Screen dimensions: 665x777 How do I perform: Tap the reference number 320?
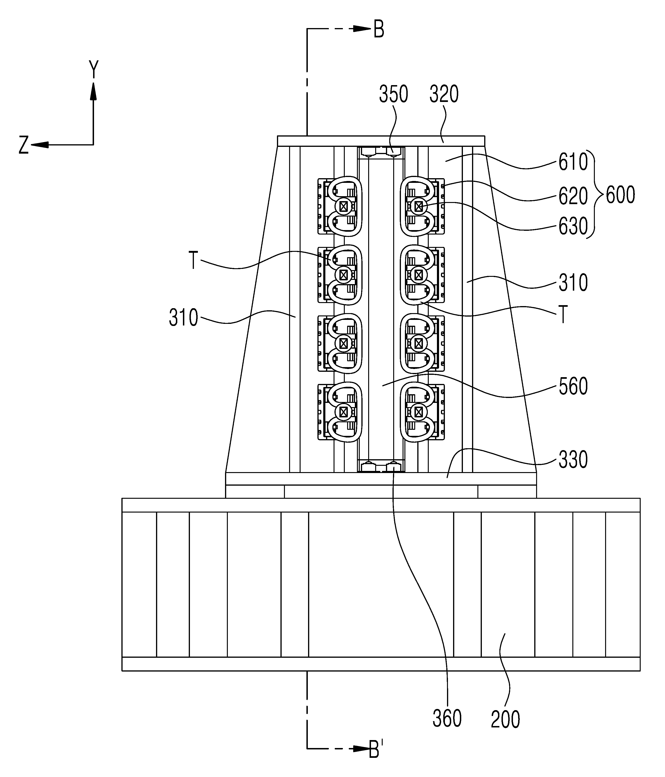[x=444, y=94]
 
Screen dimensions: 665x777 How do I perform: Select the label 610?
[x=573, y=162]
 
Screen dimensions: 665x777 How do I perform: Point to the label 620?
[x=573, y=196]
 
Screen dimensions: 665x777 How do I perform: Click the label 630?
[x=573, y=226]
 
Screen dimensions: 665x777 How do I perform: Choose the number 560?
[x=573, y=387]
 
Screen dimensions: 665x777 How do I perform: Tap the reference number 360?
[x=447, y=719]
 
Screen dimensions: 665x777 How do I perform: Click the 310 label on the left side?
[x=183, y=318]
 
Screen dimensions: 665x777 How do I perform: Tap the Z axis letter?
[x=24, y=145]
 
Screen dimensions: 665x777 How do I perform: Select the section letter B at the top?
[x=379, y=30]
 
